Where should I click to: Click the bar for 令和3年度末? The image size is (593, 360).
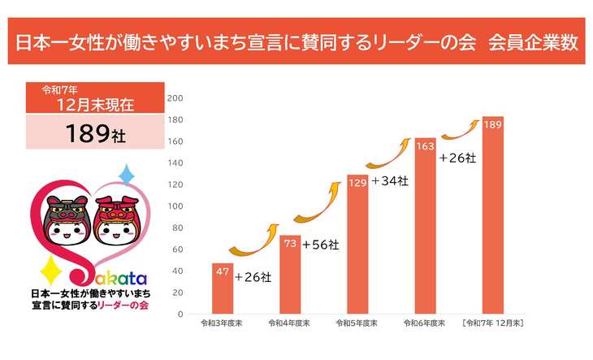tap(222, 288)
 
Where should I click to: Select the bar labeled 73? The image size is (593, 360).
tap(290, 275)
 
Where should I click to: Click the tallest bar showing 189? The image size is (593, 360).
tap(492, 215)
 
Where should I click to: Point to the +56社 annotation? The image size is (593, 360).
tap(320, 244)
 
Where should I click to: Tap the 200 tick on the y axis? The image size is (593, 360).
tap(175, 98)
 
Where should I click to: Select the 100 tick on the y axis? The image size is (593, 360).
tap(175, 206)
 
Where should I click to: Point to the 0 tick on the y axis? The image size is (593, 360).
tap(180, 314)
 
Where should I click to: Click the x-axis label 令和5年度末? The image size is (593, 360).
tap(357, 323)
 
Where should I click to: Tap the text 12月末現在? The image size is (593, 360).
tap(95, 104)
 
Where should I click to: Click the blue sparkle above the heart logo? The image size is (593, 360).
tap(126, 174)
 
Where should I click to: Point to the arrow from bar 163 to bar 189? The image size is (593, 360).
tap(460, 130)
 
